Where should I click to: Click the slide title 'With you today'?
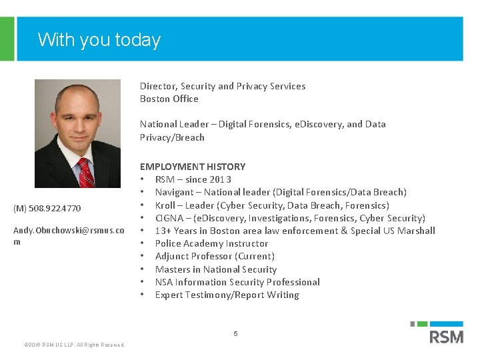(99, 40)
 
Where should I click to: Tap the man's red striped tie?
(85, 173)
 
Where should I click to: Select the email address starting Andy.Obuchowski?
(69, 231)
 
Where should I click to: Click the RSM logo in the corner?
(445, 333)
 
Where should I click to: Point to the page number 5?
(235, 333)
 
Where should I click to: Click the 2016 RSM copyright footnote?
(74, 345)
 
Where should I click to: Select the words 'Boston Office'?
(169, 99)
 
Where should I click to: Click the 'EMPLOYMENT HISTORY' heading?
(193, 167)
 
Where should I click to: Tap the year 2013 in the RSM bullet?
(220, 179)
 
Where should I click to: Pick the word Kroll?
(166, 205)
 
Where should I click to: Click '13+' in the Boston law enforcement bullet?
(163, 231)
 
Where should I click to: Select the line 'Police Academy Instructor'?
(211, 243)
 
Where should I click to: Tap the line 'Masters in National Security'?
(215, 269)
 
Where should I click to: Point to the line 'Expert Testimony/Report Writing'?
(227, 295)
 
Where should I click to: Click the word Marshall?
(415, 231)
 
